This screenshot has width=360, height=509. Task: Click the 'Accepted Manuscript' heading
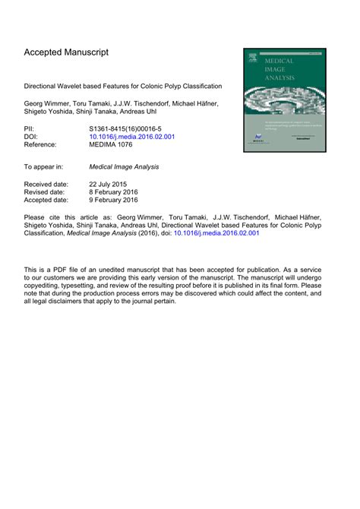click(66, 52)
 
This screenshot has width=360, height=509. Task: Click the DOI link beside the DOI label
click(132, 139)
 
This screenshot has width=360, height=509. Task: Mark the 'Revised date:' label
click(45, 192)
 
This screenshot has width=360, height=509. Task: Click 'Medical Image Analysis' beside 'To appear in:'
click(125, 166)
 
